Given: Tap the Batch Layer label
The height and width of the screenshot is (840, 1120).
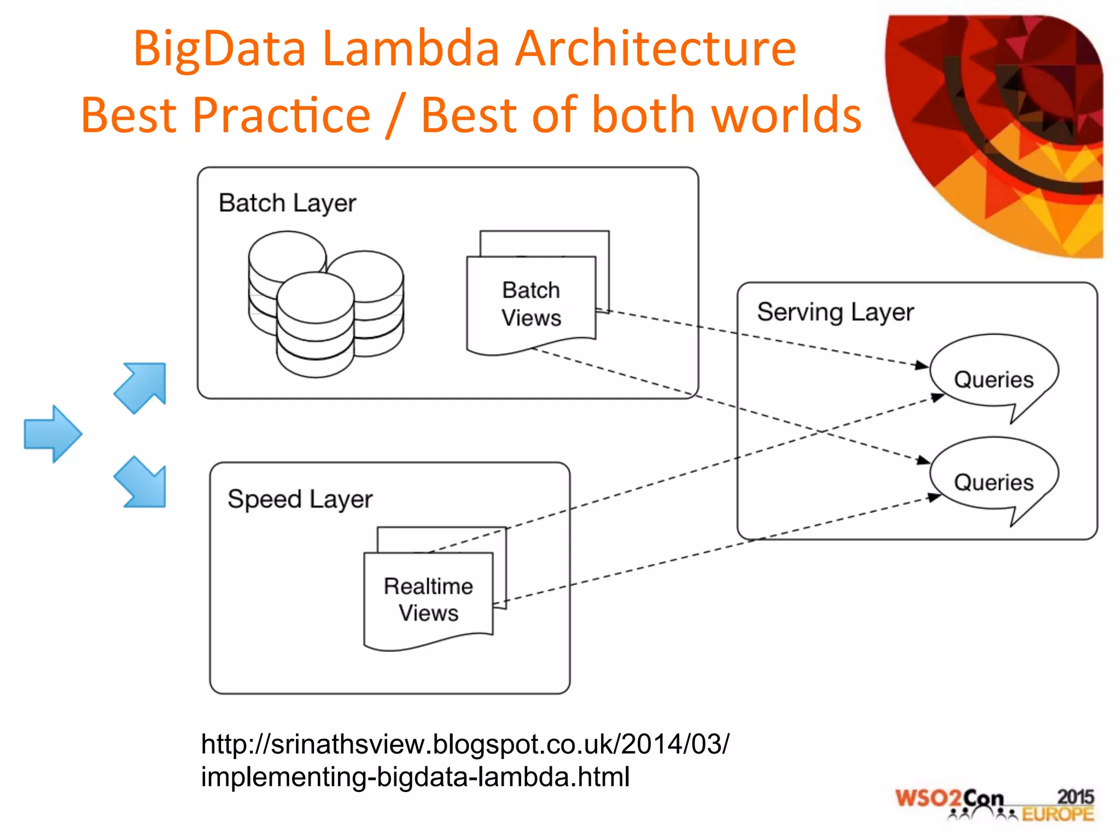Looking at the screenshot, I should click(287, 203).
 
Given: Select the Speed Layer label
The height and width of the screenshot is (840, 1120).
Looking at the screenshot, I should click(300, 499).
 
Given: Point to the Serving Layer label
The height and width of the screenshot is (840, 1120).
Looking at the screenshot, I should click(835, 312).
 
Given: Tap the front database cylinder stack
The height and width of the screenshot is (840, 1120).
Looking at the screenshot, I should click(316, 325).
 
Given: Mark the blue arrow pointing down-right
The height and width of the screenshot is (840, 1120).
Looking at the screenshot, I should click(142, 482).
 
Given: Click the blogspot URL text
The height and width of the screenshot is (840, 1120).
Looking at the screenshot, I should click(464, 760).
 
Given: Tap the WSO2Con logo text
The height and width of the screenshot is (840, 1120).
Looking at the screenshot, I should click(949, 799).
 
